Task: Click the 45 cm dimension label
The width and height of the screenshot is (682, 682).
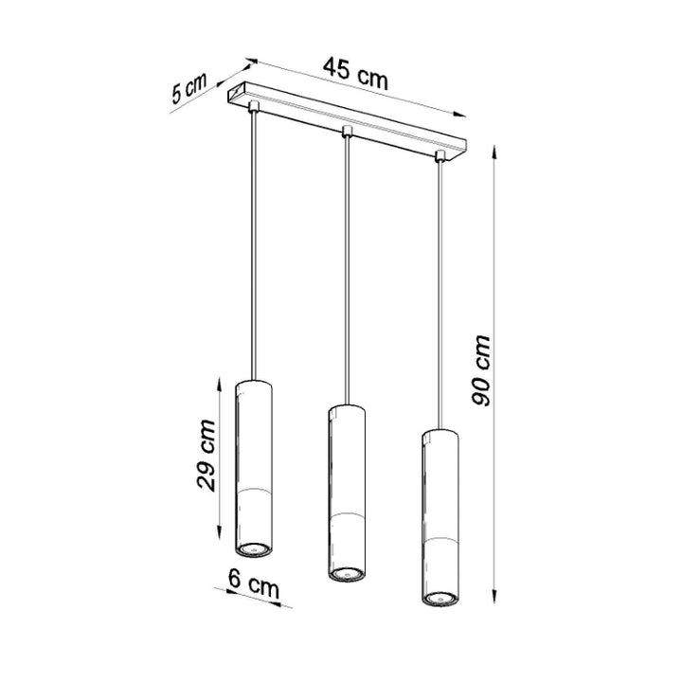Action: [x=354, y=72]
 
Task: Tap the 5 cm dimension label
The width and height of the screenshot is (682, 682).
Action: [x=189, y=90]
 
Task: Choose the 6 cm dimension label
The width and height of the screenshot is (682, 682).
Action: [x=255, y=586]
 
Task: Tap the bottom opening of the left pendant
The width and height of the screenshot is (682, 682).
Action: [x=253, y=547]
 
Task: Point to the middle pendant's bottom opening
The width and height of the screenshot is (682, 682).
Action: [x=346, y=572]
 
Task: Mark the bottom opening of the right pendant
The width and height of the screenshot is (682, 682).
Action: [x=439, y=598]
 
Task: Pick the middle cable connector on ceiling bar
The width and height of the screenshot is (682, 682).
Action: [x=347, y=131]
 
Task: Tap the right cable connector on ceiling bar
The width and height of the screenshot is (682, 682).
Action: [x=440, y=155]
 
